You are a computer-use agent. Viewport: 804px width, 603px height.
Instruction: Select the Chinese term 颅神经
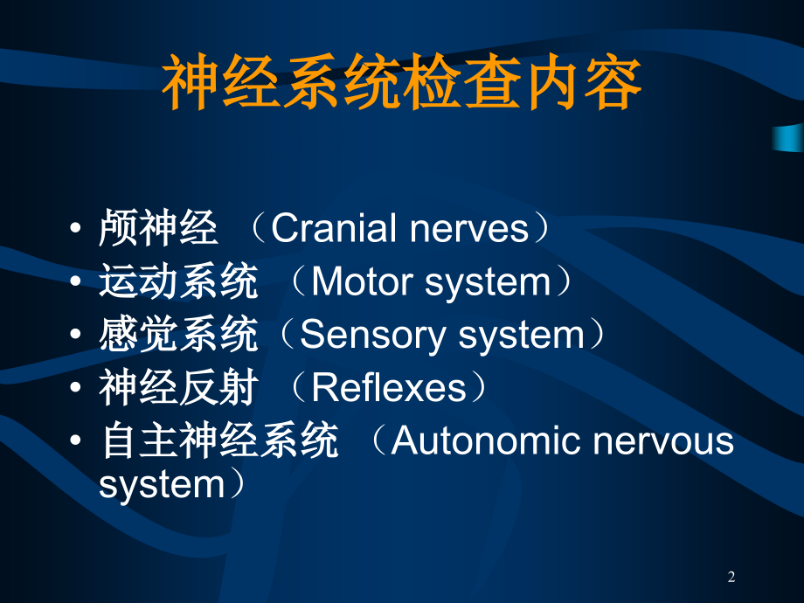pyautogui.click(x=158, y=229)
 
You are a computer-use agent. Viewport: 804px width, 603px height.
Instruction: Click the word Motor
pyautogui.click(x=360, y=282)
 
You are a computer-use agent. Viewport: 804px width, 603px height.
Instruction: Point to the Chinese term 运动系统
pyautogui.click(x=178, y=282)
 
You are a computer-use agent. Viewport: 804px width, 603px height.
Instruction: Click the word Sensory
pyautogui.click(x=366, y=336)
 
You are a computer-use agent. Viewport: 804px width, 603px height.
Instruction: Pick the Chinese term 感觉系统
pyautogui.click(x=178, y=336)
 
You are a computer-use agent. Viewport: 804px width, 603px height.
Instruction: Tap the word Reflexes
pyautogui.click(x=389, y=389)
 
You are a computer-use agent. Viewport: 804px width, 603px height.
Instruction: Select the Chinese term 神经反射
pyautogui.click(x=178, y=389)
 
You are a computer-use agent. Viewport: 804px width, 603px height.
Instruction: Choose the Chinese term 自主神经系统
pyautogui.click(x=218, y=441)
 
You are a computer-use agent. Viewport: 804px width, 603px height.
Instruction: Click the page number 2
pyautogui.click(x=731, y=577)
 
